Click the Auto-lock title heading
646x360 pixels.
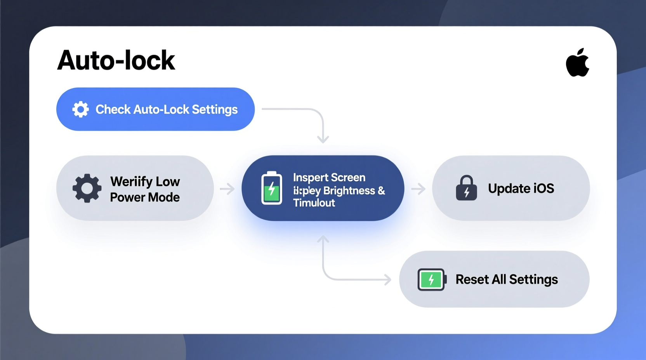pyautogui.click(x=116, y=61)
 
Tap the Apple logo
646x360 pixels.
pyautogui.click(x=577, y=63)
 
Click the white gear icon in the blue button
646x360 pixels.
pyautogui.click(x=81, y=109)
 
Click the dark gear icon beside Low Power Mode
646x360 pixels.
pyautogui.click(x=87, y=188)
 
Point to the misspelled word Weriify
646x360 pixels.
pyautogui.click(x=131, y=182)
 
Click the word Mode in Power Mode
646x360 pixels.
pyautogui.click(x=164, y=197)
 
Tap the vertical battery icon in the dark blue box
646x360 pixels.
pyautogui.click(x=272, y=188)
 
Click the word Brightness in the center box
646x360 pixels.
pyautogui.click(x=349, y=190)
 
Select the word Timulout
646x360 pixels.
pyautogui.click(x=314, y=203)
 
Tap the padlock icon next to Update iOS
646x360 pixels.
pyautogui.click(x=466, y=188)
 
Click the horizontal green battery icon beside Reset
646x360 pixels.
pyautogui.click(x=431, y=279)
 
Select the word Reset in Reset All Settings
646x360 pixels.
pyautogui.click(x=472, y=279)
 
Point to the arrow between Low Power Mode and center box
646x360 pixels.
pyautogui.click(x=227, y=189)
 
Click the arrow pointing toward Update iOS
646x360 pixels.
pyautogui.click(x=419, y=189)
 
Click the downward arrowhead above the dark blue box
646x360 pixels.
pyautogui.click(x=323, y=139)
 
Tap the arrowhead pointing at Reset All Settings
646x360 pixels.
pyautogui.click(x=387, y=279)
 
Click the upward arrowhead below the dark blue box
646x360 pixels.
pyautogui.click(x=323, y=239)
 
